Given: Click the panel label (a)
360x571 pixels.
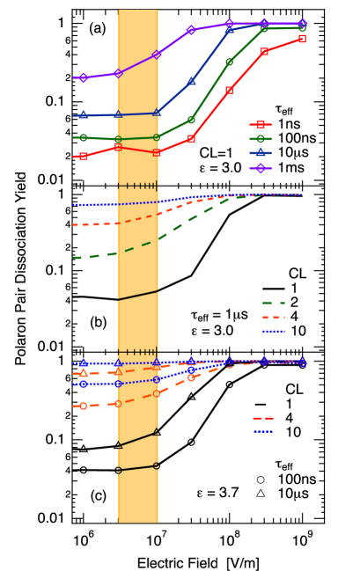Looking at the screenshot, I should [97, 29].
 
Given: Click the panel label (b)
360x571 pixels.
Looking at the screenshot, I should [98, 323].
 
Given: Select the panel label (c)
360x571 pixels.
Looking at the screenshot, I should [98, 496].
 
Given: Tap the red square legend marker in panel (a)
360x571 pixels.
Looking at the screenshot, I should [261, 125].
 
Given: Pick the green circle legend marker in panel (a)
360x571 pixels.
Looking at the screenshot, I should [261, 139].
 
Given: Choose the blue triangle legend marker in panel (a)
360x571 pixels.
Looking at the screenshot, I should [261, 152].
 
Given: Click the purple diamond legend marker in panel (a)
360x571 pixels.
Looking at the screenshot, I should [261, 167].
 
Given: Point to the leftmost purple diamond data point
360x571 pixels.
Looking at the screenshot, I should [84, 77].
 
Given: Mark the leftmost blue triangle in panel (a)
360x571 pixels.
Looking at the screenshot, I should [84, 114].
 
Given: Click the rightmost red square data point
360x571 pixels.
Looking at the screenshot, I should [302, 39].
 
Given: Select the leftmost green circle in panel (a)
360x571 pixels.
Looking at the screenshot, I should [84, 137].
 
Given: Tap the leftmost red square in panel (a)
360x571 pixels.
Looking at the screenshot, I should [84, 157].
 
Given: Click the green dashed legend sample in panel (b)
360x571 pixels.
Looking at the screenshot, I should [273, 303].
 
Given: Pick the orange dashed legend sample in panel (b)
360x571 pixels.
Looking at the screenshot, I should [273, 317].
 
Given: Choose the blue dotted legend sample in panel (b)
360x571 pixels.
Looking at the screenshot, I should [273, 332].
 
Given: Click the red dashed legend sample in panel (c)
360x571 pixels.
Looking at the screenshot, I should [263, 418].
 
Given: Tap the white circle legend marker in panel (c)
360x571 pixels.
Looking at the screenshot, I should [261, 479].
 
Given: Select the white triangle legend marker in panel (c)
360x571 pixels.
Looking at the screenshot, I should [261, 493].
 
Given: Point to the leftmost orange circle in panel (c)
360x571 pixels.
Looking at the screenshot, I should [84, 406].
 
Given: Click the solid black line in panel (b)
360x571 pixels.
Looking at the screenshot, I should [138, 296].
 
